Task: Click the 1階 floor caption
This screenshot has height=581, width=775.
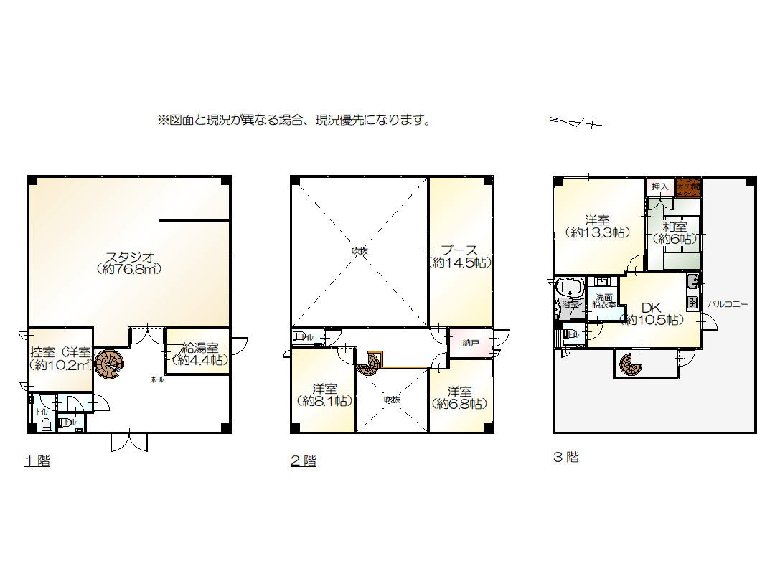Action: pos(37,461)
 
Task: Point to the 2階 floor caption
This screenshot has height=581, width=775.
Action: pos(303,461)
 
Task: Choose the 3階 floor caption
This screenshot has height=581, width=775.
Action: pos(565,458)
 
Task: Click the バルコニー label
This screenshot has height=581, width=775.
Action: pos(728,304)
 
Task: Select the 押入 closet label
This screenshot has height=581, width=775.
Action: pos(659,186)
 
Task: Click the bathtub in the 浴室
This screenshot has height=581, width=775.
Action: pos(570,289)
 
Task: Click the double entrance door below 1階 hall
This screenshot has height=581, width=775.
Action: pos(130,442)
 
